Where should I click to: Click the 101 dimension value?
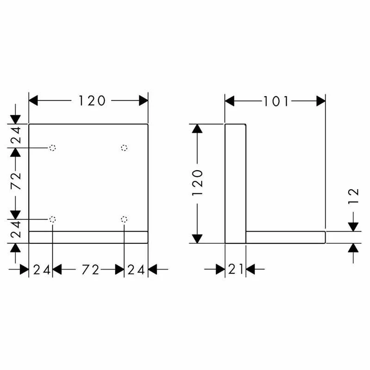pyautogui.click(x=276, y=101)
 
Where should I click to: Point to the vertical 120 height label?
pyautogui.click(x=197, y=182)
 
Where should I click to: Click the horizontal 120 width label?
pyautogui.click(x=92, y=100)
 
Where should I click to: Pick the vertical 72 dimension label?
pyautogui.click(x=16, y=182)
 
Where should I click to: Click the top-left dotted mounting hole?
pyautogui.click(x=53, y=148)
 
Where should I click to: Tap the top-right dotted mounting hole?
pyautogui.click(x=123, y=148)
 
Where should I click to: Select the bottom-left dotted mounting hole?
pyautogui.click(x=53, y=219)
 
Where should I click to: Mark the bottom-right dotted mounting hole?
pyautogui.click(x=123, y=219)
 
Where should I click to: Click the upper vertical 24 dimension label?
pyautogui.click(x=16, y=136)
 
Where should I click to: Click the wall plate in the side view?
pyautogui.click(x=235, y=183)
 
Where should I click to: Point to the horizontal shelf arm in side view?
pyautogui.click(x=285, y=237)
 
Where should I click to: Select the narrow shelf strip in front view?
pyautogui.click(x=88, y=237)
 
